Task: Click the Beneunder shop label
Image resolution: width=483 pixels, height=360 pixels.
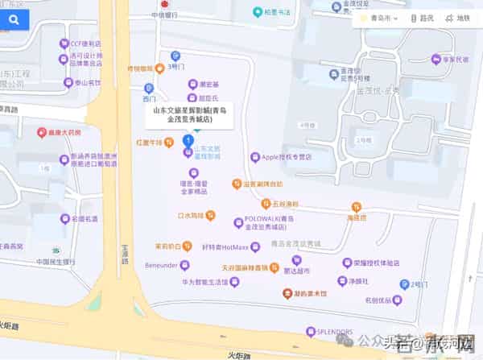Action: pyautogui.click(x=156, y=265)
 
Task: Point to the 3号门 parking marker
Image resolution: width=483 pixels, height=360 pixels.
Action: pyautogui.click(x=175, y=56)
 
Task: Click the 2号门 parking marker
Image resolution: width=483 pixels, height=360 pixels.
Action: pyautogui.click(x=405, y=284)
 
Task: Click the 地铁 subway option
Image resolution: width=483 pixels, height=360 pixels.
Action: pyautogui.click(x=460, y=18)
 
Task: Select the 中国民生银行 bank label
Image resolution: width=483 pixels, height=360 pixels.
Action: pyautogui.click(x=56, y=262)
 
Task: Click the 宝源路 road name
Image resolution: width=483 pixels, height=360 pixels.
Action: pyautogui.click(x=125, y=256)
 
